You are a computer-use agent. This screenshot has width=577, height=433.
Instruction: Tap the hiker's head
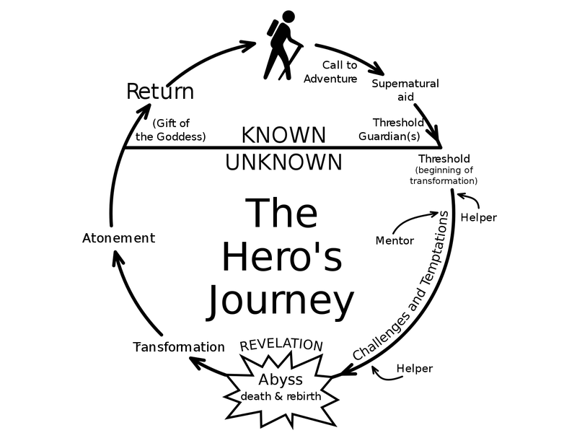(x=288, y=17)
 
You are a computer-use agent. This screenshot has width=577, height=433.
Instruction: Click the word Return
(x=160, y=92)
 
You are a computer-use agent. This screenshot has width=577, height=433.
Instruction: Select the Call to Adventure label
(x=330, y=71)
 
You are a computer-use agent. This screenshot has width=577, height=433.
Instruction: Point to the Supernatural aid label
(x=405, y=89)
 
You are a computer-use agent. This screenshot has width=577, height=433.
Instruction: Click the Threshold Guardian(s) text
(x=391, y=129)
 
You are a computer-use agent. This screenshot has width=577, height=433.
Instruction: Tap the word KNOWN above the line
(x=283, y=135)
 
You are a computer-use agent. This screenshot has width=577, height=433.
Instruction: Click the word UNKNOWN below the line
(x=283, y=162)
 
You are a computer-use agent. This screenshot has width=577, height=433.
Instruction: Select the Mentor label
(x=395, y=241)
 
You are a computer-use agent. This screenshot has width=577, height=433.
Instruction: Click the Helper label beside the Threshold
(x=478, y=218)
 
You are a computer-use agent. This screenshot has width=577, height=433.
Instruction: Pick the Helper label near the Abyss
(x=414, y=368)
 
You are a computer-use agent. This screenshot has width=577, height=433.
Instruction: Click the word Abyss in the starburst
(x=281, y=380)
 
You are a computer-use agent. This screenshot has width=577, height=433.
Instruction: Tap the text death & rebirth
(x=281, y=396)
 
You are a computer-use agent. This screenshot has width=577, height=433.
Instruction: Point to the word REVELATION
(x=281, y=344)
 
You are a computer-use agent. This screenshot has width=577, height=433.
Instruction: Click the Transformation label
(x=179, y=347)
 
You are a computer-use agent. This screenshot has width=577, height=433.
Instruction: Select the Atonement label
(x=118, y=238)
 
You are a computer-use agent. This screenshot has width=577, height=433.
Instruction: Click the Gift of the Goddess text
(x=171, y=130)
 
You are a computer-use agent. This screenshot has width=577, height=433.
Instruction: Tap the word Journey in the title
(x=281, y=301)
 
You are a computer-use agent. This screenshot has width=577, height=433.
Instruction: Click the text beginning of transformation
(x=444, y=175)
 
